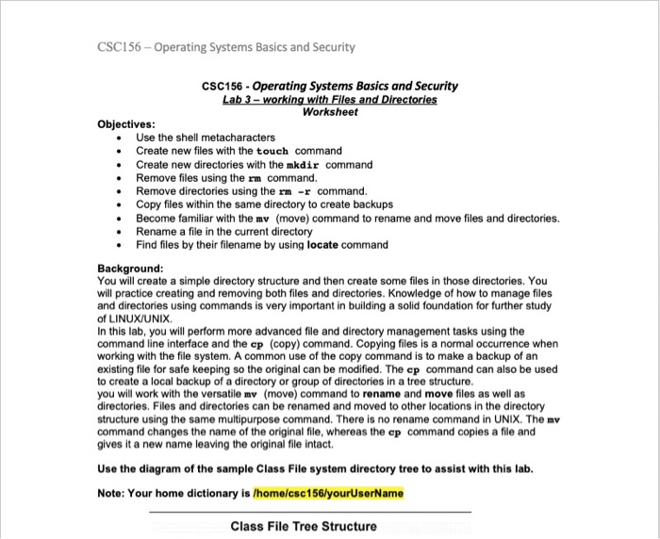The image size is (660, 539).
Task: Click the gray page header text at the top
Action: point(225,47)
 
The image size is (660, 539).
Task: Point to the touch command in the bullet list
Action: point(272,151)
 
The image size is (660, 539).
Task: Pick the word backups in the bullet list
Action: point(371,204)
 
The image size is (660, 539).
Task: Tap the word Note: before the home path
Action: point(112,494)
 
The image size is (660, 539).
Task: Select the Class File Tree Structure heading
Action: point(303,527)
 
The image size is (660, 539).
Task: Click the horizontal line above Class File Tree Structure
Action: point(310,512)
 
